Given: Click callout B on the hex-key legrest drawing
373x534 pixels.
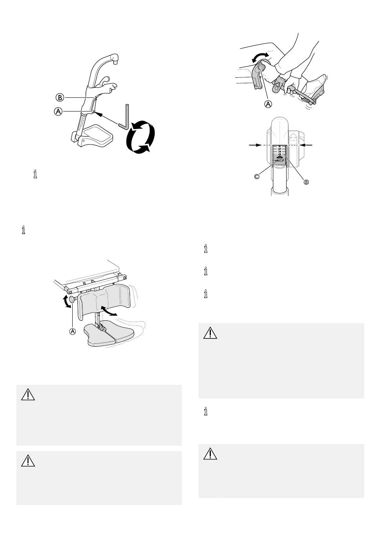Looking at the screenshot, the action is [x=60, y=97].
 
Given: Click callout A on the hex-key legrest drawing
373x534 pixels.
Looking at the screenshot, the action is [x=58, y=112].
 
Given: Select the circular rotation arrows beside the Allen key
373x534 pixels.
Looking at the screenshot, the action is [x=141, y=137].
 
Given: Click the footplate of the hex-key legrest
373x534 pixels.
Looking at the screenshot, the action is [x=95, y=136].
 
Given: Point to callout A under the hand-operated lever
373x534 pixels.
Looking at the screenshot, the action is [x=268, y=104].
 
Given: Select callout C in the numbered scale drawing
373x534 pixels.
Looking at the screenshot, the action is [x=257, y=177].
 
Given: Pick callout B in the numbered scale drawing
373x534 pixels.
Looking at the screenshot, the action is [x=306, y=182].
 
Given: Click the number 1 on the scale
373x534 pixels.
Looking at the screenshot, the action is [x=280, y=146].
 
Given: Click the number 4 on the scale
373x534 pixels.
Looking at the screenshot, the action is [x=280, y=154].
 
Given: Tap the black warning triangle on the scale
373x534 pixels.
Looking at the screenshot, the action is [x=280, y=157].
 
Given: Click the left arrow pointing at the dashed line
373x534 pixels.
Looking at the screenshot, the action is [x=256, y=145].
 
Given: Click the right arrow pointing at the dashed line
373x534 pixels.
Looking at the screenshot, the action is [x=306, y=145].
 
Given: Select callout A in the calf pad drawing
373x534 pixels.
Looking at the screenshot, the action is [x=73, y=331].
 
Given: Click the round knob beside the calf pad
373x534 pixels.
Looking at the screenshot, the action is [x=72, y=299].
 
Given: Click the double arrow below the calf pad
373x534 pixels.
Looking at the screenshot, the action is [x=108, y=311].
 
